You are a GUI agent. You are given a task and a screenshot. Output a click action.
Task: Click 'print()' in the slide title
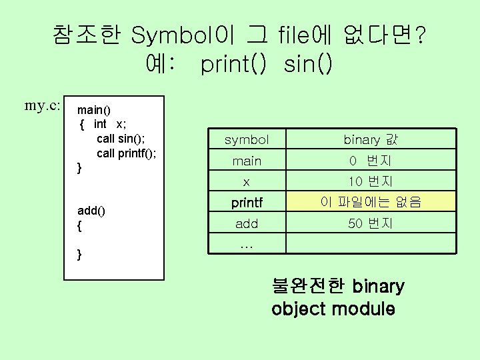pos(233,65)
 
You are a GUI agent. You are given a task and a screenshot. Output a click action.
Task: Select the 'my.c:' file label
pos(43,105)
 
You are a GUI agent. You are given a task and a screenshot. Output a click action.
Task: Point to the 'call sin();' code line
pos(121,138)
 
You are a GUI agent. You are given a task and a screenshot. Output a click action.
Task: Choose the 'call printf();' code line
pos(127,153)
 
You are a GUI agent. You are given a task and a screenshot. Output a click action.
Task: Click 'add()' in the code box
pos(92,211)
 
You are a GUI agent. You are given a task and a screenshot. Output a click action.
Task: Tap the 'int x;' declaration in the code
pos(111,124)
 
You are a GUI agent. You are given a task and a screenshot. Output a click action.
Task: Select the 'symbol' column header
pos(247,140)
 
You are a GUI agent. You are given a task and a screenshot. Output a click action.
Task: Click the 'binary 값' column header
pos(370,140)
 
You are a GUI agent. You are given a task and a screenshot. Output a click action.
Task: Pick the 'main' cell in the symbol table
pos(247,161)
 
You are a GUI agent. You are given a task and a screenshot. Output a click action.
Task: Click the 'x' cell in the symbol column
pos(247,181)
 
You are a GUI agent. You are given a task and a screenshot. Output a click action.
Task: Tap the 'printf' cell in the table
pos(247,201)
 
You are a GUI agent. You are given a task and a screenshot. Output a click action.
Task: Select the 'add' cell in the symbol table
pos(247,223)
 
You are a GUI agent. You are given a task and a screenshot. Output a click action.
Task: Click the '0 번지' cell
pos(370,161)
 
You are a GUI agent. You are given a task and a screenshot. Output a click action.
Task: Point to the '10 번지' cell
pos(370,181)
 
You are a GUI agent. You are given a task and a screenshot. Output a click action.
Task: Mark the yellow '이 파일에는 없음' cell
pos(370,201)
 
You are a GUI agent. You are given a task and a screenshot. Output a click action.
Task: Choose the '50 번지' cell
pos(370,223)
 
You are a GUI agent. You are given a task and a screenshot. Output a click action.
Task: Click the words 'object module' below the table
pos(333,309)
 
